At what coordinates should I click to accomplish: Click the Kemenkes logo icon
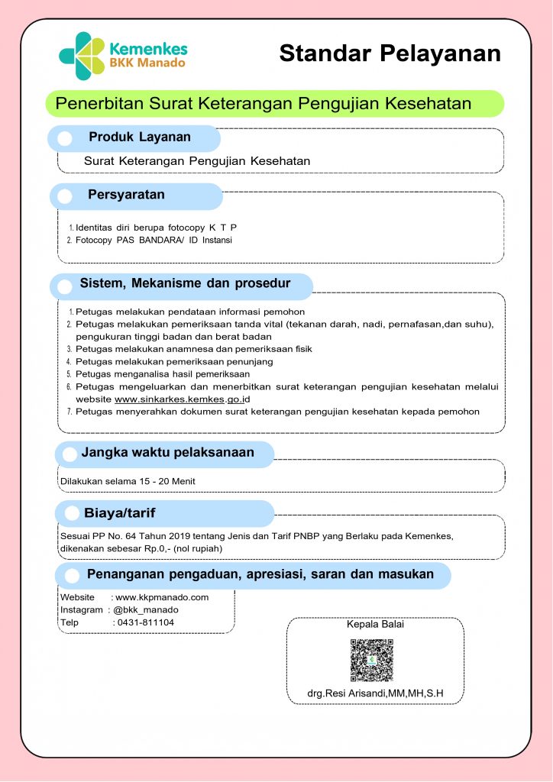coord(82,56)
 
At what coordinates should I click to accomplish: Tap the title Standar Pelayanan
coord(390,53)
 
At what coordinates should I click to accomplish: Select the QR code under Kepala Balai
coord(372,660)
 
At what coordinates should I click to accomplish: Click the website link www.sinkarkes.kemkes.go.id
coord(183,399)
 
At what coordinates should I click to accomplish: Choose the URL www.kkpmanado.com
coord(162,597)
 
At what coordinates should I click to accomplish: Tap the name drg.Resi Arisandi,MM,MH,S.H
coord(375,693)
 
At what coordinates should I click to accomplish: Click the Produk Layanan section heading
coord(140,137)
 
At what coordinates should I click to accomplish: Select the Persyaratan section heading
coord(126,195)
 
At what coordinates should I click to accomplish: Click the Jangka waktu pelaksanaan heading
coord(168,452)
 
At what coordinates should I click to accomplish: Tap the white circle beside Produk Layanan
coord(66,138)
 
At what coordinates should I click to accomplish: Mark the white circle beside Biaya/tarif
coord(72,513)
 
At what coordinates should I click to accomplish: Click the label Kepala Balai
coord(375,624)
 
